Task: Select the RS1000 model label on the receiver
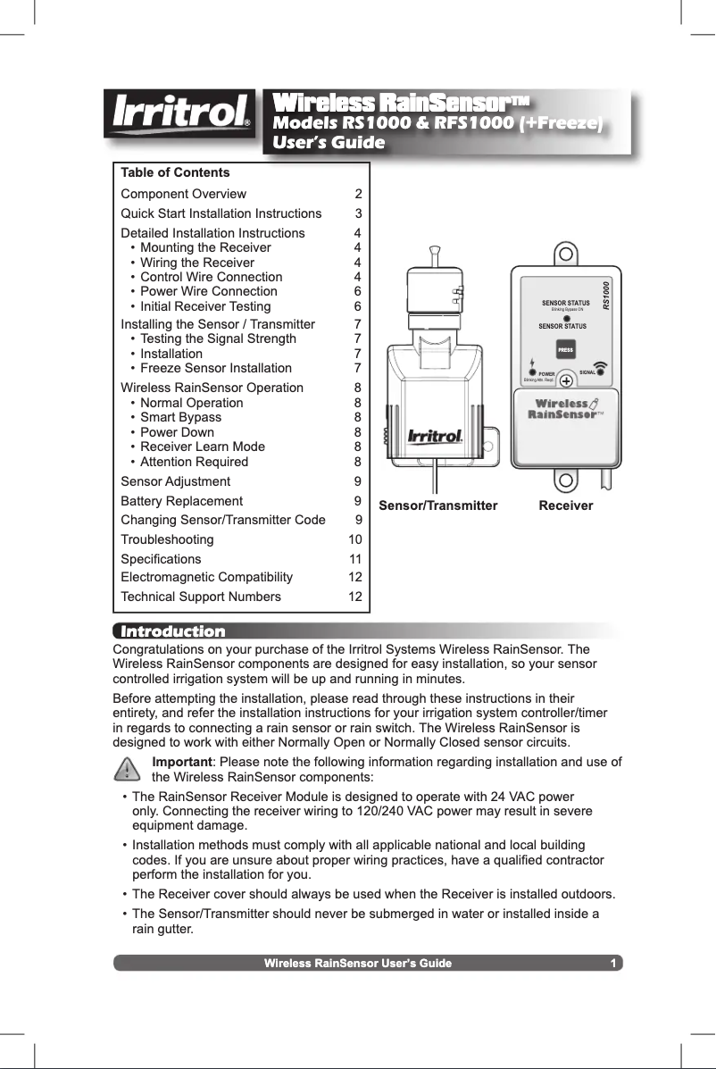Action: (606, 296)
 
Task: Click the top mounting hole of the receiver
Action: (565, 253)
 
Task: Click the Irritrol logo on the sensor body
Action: (435, 437)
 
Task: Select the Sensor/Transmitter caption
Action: (438, 505)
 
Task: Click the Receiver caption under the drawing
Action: (566, 505)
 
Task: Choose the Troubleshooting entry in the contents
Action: (167, 539)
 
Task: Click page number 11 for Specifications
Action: (354, 559)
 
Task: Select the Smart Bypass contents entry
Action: (181, 417)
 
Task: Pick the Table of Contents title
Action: (175, 172)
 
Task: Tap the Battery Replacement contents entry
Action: (181, 501)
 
